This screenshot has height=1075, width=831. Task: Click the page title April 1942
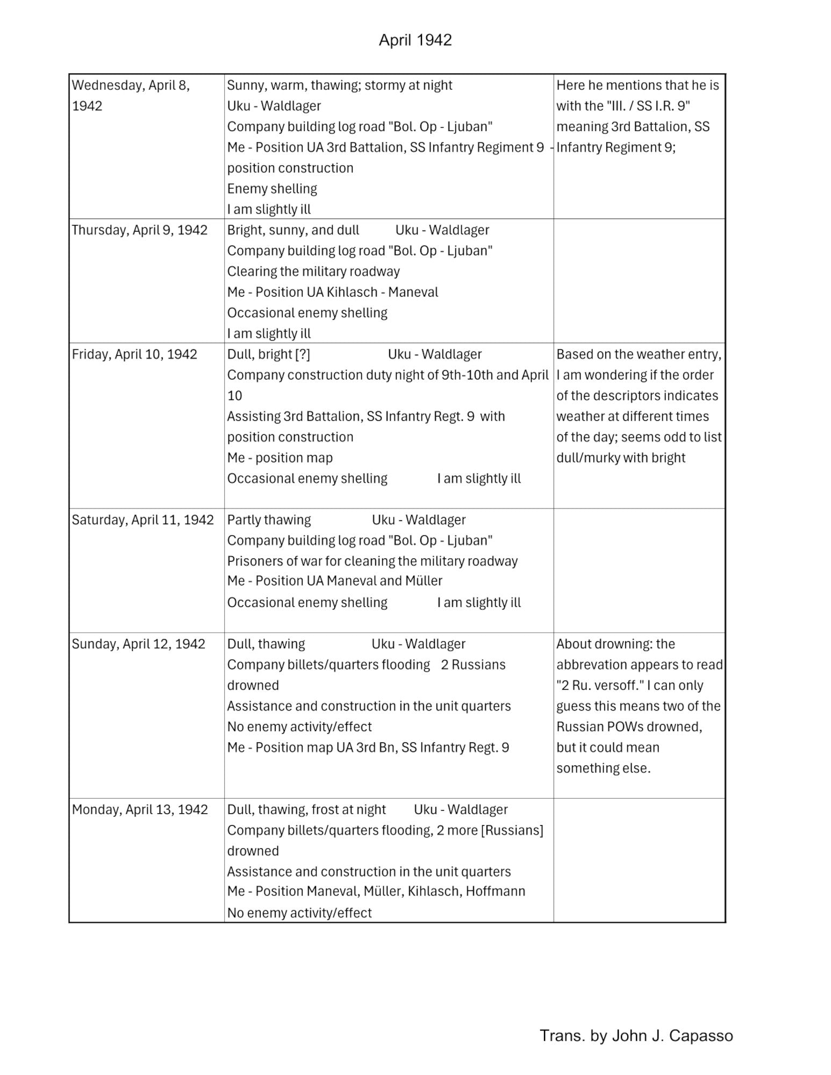coord(415,40)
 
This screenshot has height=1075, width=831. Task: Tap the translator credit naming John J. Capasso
coord(636,1035)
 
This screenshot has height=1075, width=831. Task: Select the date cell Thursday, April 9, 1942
coord(140,230)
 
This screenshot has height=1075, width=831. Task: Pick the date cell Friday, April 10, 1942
coord(134,354)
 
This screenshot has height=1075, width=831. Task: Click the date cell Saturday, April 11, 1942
coord(142,520)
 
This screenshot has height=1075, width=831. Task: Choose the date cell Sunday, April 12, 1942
coord(139,644)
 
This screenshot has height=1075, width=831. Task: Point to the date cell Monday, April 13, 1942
coord(140,809)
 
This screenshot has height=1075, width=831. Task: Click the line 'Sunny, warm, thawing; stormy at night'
coord(340,85)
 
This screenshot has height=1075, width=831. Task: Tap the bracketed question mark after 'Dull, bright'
coord(303,354)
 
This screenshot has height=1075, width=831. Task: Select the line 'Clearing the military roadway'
coord(313,271)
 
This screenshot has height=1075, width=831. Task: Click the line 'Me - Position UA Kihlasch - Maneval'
coord(333,292)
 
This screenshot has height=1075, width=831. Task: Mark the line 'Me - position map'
coord(280,458)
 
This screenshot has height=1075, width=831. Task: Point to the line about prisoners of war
coord(372,561)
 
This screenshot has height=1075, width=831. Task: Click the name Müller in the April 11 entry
coord(425,581)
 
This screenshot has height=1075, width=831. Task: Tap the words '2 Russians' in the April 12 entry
coord(473,665)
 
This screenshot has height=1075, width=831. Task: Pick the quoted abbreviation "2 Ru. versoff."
coord(600,685)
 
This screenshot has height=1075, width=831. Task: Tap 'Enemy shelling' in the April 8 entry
coord(272,189)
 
